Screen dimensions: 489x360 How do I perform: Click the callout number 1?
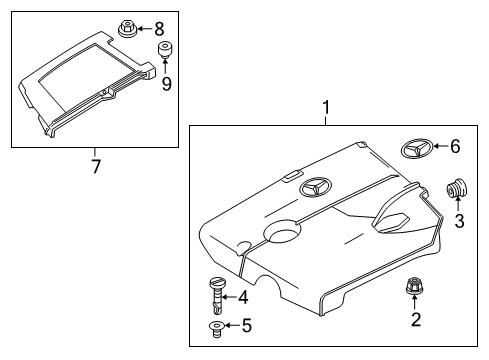click(x=326, y=108)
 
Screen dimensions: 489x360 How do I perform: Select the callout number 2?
click(x=416, y=319)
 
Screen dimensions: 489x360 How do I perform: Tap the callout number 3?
click(x=459, y=221)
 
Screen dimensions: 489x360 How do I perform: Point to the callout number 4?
click(x=243, y=297)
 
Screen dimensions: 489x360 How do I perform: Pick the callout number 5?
click(x=247, y=325)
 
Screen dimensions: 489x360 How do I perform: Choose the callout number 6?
click(x=455, y=146)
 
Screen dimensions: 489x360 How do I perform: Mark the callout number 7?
click(x=96, y=166)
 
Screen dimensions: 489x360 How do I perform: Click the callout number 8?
click(x=159, y=29)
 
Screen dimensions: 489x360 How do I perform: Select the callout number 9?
click(x=166, y=83)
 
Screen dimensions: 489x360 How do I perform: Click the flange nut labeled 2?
click(x=413, y=286)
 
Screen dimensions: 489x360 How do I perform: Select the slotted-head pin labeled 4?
click(x=217, y=295)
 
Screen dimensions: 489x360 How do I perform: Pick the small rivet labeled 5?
click(x=217, y=329)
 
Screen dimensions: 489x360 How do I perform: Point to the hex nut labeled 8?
click(x=127, y=29)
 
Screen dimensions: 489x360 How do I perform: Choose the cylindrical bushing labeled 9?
click(x=164, y=49)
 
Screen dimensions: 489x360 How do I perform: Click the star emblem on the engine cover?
click(x=315, y=187)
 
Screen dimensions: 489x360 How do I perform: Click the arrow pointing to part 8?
click(x=144, y=29)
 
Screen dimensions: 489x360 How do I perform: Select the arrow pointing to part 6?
click(x=441, y=146)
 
